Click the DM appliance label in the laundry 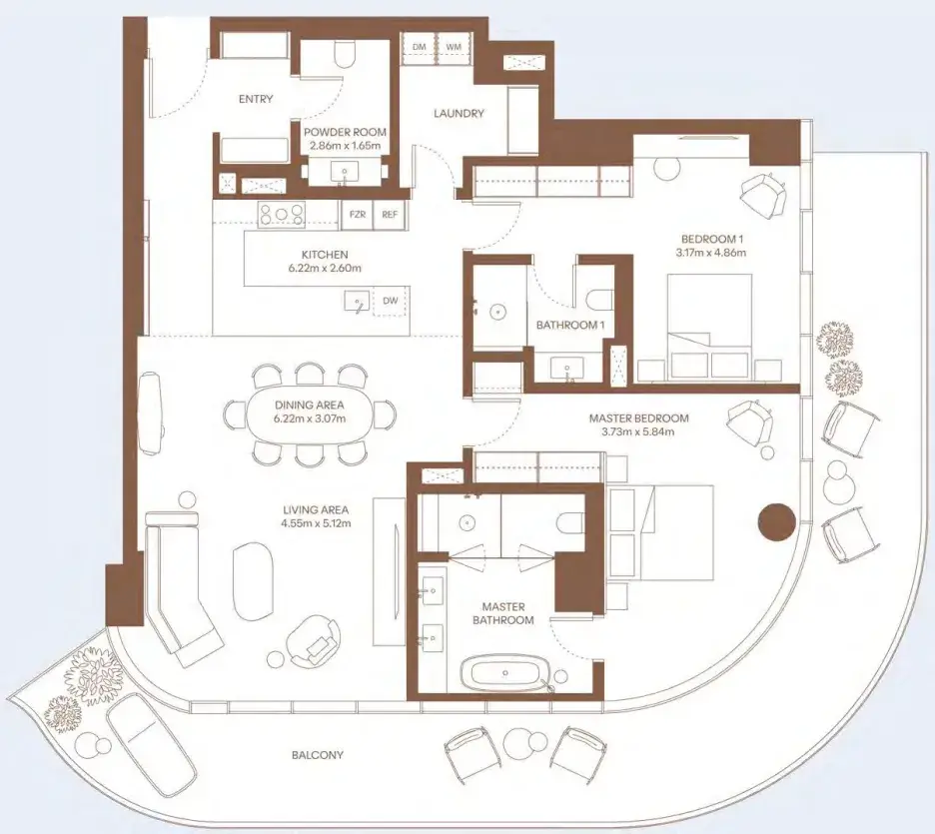(420, 47)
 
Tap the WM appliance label (454, 47)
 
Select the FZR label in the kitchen (358, 215)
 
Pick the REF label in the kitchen (390, 215)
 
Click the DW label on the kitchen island (390, 301)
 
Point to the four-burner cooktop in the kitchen (281, 215)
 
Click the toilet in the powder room (345, 54)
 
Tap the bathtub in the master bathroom (505, 673)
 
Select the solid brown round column (776, 522)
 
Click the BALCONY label (318, 755)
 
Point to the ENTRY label (256, 99)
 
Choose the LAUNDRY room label (459, 113)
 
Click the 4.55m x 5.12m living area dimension (316, 524)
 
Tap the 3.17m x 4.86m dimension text (712, 252)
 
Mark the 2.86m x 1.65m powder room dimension (346, 146)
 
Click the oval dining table (310, 413)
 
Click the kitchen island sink (357, 301)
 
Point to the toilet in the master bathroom (571, 522)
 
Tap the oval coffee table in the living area (253, 581)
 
